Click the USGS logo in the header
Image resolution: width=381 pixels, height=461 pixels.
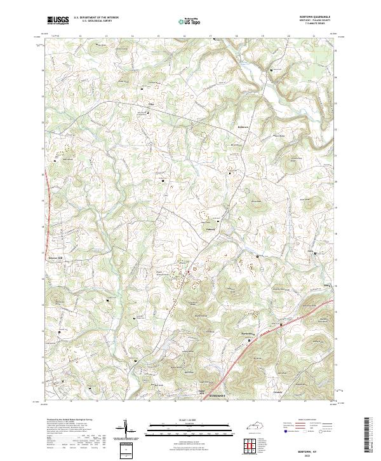click(x=58, y=20)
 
